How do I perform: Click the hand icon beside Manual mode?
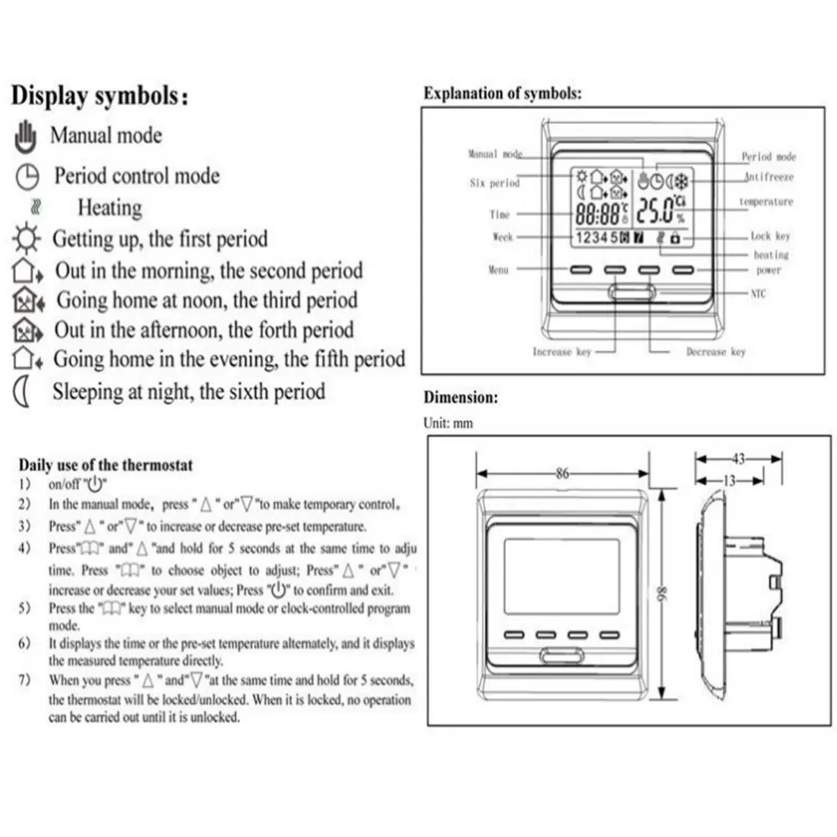click(27, 135)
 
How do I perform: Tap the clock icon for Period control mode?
click(27, 176)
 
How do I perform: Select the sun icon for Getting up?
click(25, 239)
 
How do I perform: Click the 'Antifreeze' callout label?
click(768, 177)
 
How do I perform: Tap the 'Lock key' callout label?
click(770, 237)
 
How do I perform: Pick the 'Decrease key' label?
click(716, 352)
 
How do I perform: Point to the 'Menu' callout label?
click(498, 270)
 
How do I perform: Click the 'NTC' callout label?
click(756, 294)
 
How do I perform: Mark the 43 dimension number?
click(739, 458)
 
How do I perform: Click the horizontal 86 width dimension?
click(562, 474)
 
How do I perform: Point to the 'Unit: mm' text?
click(449, 424)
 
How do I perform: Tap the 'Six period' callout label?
click(494, 183)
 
